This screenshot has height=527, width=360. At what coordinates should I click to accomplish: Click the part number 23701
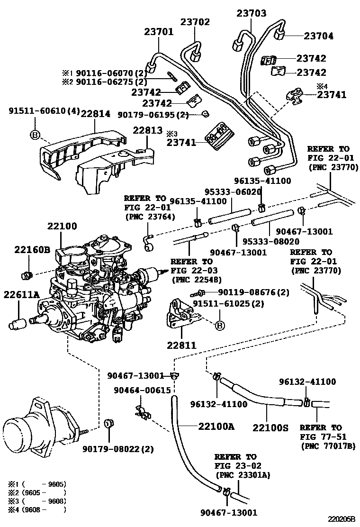(159, 32)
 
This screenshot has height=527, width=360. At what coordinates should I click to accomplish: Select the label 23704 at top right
(318, 36)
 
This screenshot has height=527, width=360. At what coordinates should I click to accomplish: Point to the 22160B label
(32, 249)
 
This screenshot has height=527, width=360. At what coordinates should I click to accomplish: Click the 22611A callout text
(22, 295)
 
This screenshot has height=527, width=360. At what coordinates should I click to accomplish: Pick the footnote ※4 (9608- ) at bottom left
(36, 509)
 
